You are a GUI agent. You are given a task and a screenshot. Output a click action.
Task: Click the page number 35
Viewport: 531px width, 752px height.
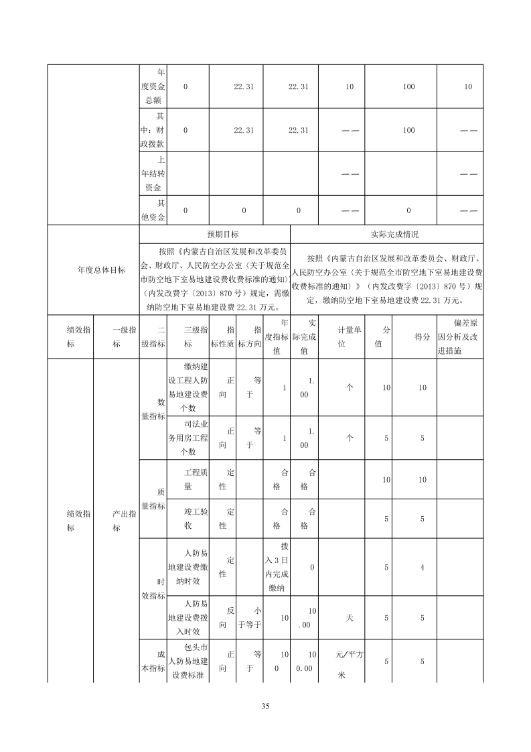click(x=265, y=706)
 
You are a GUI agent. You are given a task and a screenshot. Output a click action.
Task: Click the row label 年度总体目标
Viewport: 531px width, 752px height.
click(x=101, y=270)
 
